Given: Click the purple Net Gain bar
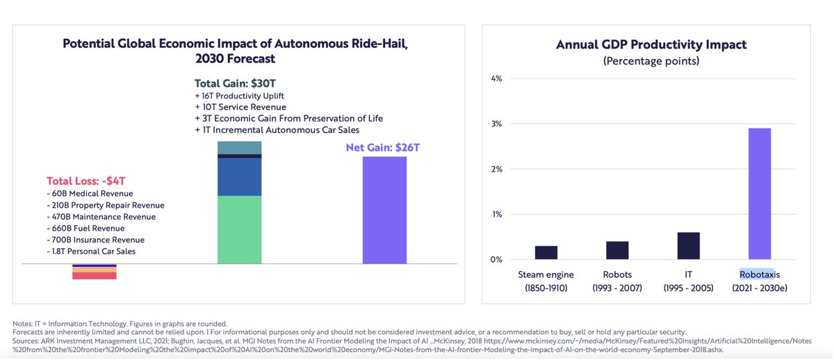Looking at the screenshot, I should (x=384, y=211).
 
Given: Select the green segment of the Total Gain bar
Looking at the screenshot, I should (x=239, y=230).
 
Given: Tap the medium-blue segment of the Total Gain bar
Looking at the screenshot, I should (x=239, y=177).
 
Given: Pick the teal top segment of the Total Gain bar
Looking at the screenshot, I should (x=239, y=147).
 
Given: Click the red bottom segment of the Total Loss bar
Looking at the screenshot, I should (x=95, y=276).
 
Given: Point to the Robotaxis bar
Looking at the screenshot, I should (x=760, y=194).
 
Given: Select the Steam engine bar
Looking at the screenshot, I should (x=546, y=252).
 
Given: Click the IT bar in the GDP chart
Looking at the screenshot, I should (x=689, y=245).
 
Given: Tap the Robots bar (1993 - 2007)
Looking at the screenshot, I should (x=617, y=250).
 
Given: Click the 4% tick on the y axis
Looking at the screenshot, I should (x=496, y=79).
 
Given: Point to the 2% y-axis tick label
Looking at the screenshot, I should (x=496, y=169).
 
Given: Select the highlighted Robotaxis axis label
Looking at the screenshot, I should (x=756, y=275).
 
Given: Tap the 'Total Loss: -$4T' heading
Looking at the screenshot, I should (x=86, y=181).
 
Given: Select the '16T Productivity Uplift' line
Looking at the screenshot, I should (x=239, y=95).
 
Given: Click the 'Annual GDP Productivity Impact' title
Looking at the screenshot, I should (x=651, y=44).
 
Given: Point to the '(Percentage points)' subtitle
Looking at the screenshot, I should (x=651, y=61).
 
